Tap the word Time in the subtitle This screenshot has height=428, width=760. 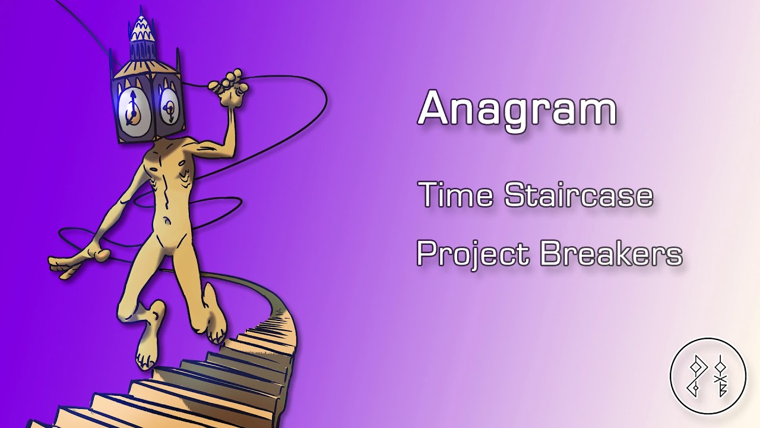457,194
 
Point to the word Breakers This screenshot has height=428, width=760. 611,253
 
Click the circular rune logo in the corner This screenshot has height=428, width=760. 708,376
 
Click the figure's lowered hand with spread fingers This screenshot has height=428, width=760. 77,262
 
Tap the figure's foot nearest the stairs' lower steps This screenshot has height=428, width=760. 148,343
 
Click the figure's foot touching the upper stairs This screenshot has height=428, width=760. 214,322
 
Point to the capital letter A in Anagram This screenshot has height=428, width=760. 436,108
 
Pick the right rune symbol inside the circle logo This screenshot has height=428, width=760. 720,379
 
